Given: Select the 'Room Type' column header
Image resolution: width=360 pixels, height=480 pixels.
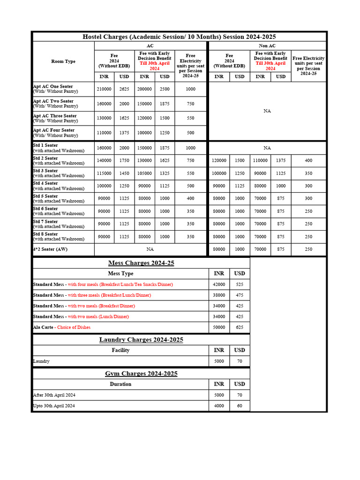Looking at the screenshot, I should [63, 61].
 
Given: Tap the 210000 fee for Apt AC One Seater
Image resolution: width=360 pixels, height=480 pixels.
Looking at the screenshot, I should [104, 89].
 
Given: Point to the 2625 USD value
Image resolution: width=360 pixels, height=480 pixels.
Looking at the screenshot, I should [124, 89].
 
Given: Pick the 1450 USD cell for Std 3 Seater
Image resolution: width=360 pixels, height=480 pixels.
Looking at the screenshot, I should [124, 173].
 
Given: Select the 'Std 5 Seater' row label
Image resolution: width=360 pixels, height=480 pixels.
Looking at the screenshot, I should [45, 196].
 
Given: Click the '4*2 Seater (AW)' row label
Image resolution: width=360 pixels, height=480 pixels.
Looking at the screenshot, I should [50, 249].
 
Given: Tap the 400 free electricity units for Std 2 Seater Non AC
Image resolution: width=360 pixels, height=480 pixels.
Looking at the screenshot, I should [308, 161].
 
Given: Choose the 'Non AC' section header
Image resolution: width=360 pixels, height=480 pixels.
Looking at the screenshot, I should [267, 46].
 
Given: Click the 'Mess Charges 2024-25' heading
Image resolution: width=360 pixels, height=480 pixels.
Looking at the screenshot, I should [141, 263].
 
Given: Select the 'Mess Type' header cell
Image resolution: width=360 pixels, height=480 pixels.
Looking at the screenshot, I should [120, 274].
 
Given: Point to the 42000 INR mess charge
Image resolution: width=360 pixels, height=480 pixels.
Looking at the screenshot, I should [219, 285].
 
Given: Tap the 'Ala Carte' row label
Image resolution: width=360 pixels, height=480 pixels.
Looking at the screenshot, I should [43, 327].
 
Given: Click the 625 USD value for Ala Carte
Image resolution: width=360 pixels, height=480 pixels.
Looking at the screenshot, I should [240, 327].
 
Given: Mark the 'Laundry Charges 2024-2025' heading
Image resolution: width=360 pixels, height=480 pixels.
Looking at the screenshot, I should [141, 340].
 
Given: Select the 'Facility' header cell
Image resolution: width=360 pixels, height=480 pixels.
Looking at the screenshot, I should [120, 351].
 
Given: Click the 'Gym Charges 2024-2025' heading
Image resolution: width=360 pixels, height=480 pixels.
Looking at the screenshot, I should [141, 374].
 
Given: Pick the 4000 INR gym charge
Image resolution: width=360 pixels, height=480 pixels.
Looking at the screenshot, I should [219, 406].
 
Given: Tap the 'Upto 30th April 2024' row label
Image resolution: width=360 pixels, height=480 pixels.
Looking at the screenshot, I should [54, 406].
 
